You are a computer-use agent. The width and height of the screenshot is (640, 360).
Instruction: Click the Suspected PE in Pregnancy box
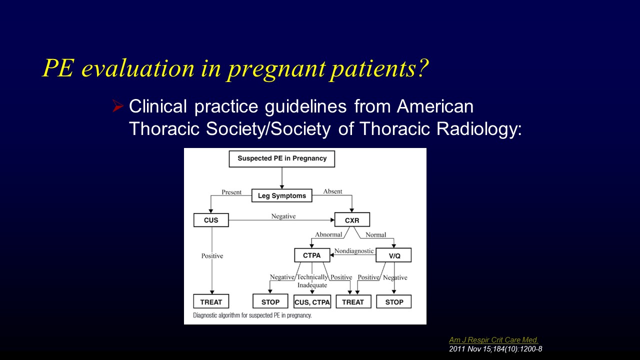click(281, 158)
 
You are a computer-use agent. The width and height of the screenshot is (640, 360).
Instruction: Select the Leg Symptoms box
click(281, 195)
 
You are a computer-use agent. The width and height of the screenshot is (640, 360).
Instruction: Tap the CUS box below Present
click(211, 220)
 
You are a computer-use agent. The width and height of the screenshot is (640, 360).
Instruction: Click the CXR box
click(352, 220)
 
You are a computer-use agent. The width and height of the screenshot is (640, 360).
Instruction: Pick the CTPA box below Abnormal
click(312, 255)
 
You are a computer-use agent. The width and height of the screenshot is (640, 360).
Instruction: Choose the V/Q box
click(393, 255)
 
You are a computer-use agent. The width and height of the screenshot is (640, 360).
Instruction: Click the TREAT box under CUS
click(211, 302)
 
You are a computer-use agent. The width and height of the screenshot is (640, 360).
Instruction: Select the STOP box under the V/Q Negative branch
click(394, 302)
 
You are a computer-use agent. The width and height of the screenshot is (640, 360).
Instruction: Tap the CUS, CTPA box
click(312, 302)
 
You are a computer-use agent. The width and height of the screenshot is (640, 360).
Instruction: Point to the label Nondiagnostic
click(354, 250)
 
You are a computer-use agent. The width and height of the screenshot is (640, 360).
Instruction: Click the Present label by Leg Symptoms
click(231, 191)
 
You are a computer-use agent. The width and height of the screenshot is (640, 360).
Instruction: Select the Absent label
click(332, 191)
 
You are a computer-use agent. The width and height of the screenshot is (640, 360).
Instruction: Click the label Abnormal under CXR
click(328, 234)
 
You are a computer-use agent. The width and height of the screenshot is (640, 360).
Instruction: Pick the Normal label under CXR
click(375, 234)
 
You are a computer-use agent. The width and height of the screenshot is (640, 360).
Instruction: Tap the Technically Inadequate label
click(312, 281)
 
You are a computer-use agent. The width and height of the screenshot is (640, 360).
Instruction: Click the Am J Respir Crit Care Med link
click(493, 340)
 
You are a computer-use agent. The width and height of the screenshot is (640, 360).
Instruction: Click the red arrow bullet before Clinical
click(118, 106)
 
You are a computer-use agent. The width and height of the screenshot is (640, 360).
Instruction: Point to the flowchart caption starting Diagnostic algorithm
click(252, 315)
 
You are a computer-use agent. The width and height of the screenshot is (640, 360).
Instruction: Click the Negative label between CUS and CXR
click(283, 216)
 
